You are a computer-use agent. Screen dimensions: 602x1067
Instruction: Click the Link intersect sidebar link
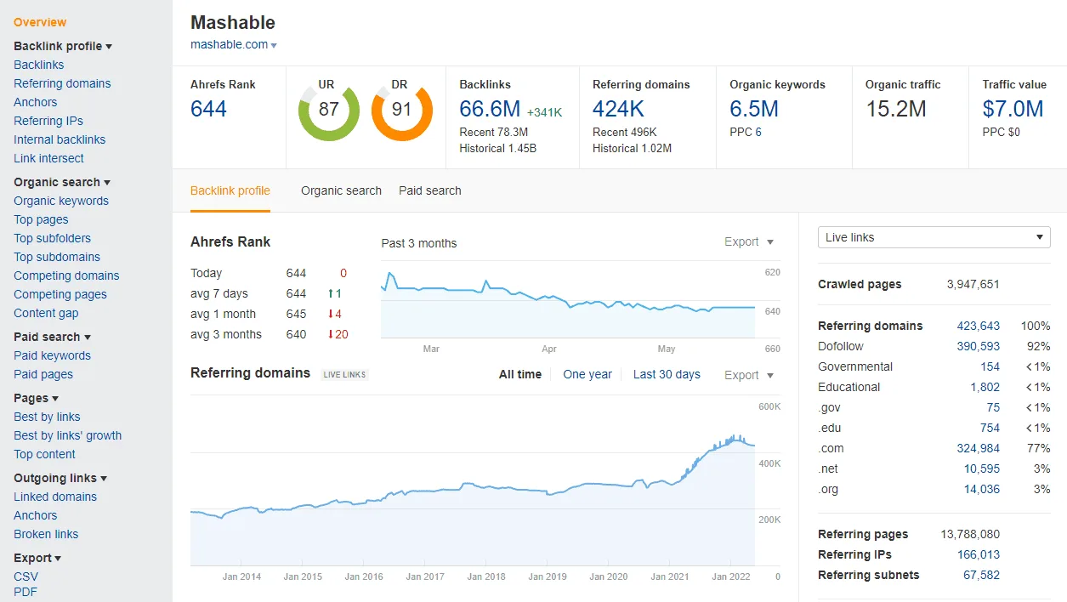tap(48, 158)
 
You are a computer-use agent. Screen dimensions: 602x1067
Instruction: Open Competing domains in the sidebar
tap(66, 275)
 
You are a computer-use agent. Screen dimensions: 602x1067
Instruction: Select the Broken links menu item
tap(46, 534)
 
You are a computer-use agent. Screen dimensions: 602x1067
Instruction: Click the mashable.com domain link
tap(230, 44)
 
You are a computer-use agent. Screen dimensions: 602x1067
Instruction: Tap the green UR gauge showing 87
tap(328, 110)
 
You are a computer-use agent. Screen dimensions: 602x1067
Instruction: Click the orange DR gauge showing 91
tap(401, 110)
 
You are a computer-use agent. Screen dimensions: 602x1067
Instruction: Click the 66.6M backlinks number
tap(490, 109)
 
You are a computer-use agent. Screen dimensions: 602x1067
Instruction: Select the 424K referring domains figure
tap(618, 109)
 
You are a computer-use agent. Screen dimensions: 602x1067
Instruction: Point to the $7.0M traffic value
tap(1013, 109)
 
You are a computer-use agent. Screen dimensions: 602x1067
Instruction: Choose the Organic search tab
tap(341, 190)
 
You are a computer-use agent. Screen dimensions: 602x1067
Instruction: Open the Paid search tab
tap(430, 190)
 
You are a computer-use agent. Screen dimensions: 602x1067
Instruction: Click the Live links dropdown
tap(934, 237)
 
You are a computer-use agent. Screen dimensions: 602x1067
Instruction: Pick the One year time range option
tap(587, 374)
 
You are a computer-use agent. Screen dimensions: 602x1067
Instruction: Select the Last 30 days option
tap(667, 374)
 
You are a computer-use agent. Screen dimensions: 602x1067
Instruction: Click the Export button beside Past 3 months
tap(748, 242)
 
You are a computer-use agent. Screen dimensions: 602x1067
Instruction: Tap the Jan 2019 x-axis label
tap(547, 576)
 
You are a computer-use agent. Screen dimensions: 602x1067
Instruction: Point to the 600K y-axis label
tap(769, 406)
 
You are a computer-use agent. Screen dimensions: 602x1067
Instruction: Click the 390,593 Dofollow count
tap(978, 346)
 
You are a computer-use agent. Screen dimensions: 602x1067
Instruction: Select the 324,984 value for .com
tap(978, 448)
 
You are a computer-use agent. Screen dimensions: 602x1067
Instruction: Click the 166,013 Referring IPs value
tap(978, 554)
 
